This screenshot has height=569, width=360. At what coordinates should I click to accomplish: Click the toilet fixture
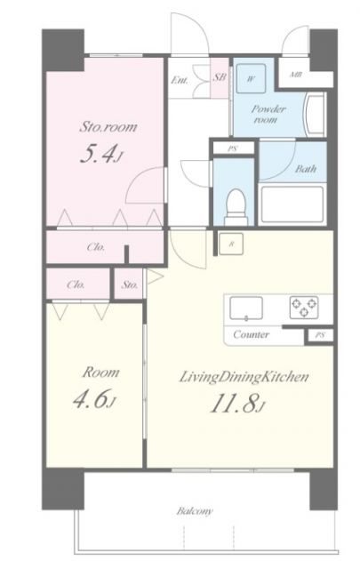tap(236, 207)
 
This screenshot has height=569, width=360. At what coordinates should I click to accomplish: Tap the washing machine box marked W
tap(251, 78)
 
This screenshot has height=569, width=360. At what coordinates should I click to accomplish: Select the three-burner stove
tap(304, 307)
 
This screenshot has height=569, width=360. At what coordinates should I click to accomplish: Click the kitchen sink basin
tap(246, 309)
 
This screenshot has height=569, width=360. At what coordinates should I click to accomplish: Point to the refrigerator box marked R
tap(231, 244)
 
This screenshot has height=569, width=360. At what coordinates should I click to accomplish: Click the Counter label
tap(252, 334)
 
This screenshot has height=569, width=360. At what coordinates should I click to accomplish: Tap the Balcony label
tap(195, 511)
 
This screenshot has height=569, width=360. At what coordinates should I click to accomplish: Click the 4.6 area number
tap(94, 400)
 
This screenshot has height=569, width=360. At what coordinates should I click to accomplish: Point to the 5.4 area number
tap(100, 153)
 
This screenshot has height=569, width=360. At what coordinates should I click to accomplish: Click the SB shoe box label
tap(220, 77)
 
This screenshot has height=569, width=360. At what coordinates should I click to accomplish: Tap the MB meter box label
tap(296, 75)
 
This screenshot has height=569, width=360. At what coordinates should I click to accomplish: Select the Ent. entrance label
tap(180, 80)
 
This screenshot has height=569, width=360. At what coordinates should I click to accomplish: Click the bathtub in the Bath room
tap(292, 204)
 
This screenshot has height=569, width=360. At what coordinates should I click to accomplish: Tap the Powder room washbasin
tap(315, 115)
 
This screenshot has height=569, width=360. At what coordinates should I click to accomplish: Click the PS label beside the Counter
tap(319, 335)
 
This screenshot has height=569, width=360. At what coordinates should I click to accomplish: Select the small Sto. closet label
tap(130, 284)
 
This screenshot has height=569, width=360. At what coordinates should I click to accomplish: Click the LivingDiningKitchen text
tap(244, 377)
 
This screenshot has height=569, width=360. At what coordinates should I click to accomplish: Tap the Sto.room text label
tap(108, 126)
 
